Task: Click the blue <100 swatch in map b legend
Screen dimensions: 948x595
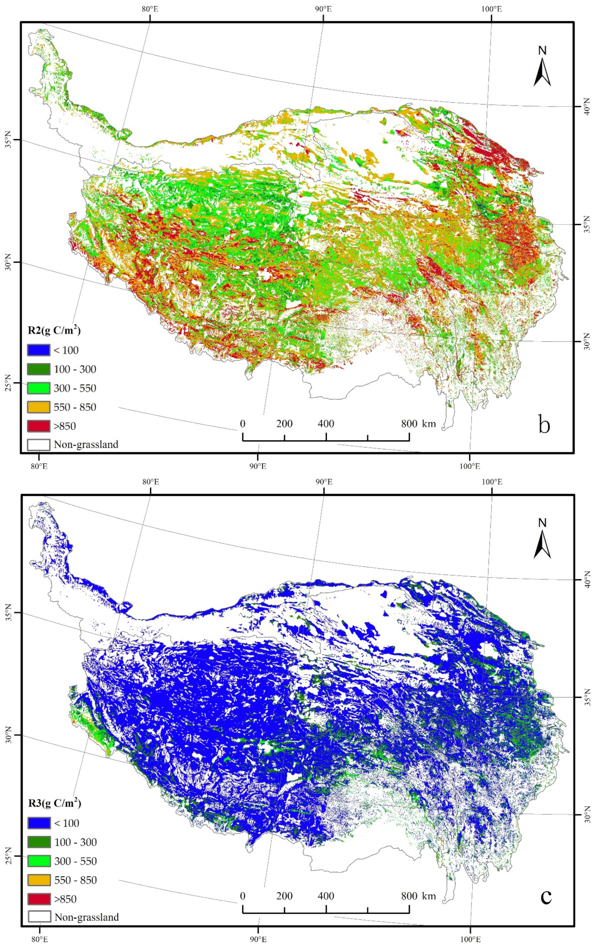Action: pyautogui.click(x=39, y=350)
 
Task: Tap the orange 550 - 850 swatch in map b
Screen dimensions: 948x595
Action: pyautogui.click(x=39, y=407)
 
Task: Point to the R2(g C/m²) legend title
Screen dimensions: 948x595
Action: pyautogui.click(x=54, y=331)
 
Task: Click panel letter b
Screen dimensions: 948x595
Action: pyautogui.click(x=544, y=425)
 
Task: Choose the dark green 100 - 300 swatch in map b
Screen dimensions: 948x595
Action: pyautogui.click(x=39, y=369)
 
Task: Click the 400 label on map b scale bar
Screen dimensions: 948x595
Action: pyautogui.click(x=326, y=424)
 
